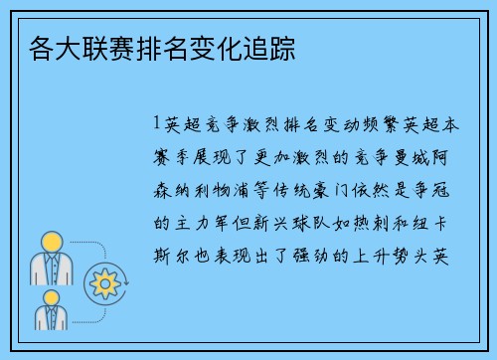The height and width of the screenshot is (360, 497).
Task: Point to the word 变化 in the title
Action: point(216,47)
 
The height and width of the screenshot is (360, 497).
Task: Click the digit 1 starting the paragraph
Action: point(157,127)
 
